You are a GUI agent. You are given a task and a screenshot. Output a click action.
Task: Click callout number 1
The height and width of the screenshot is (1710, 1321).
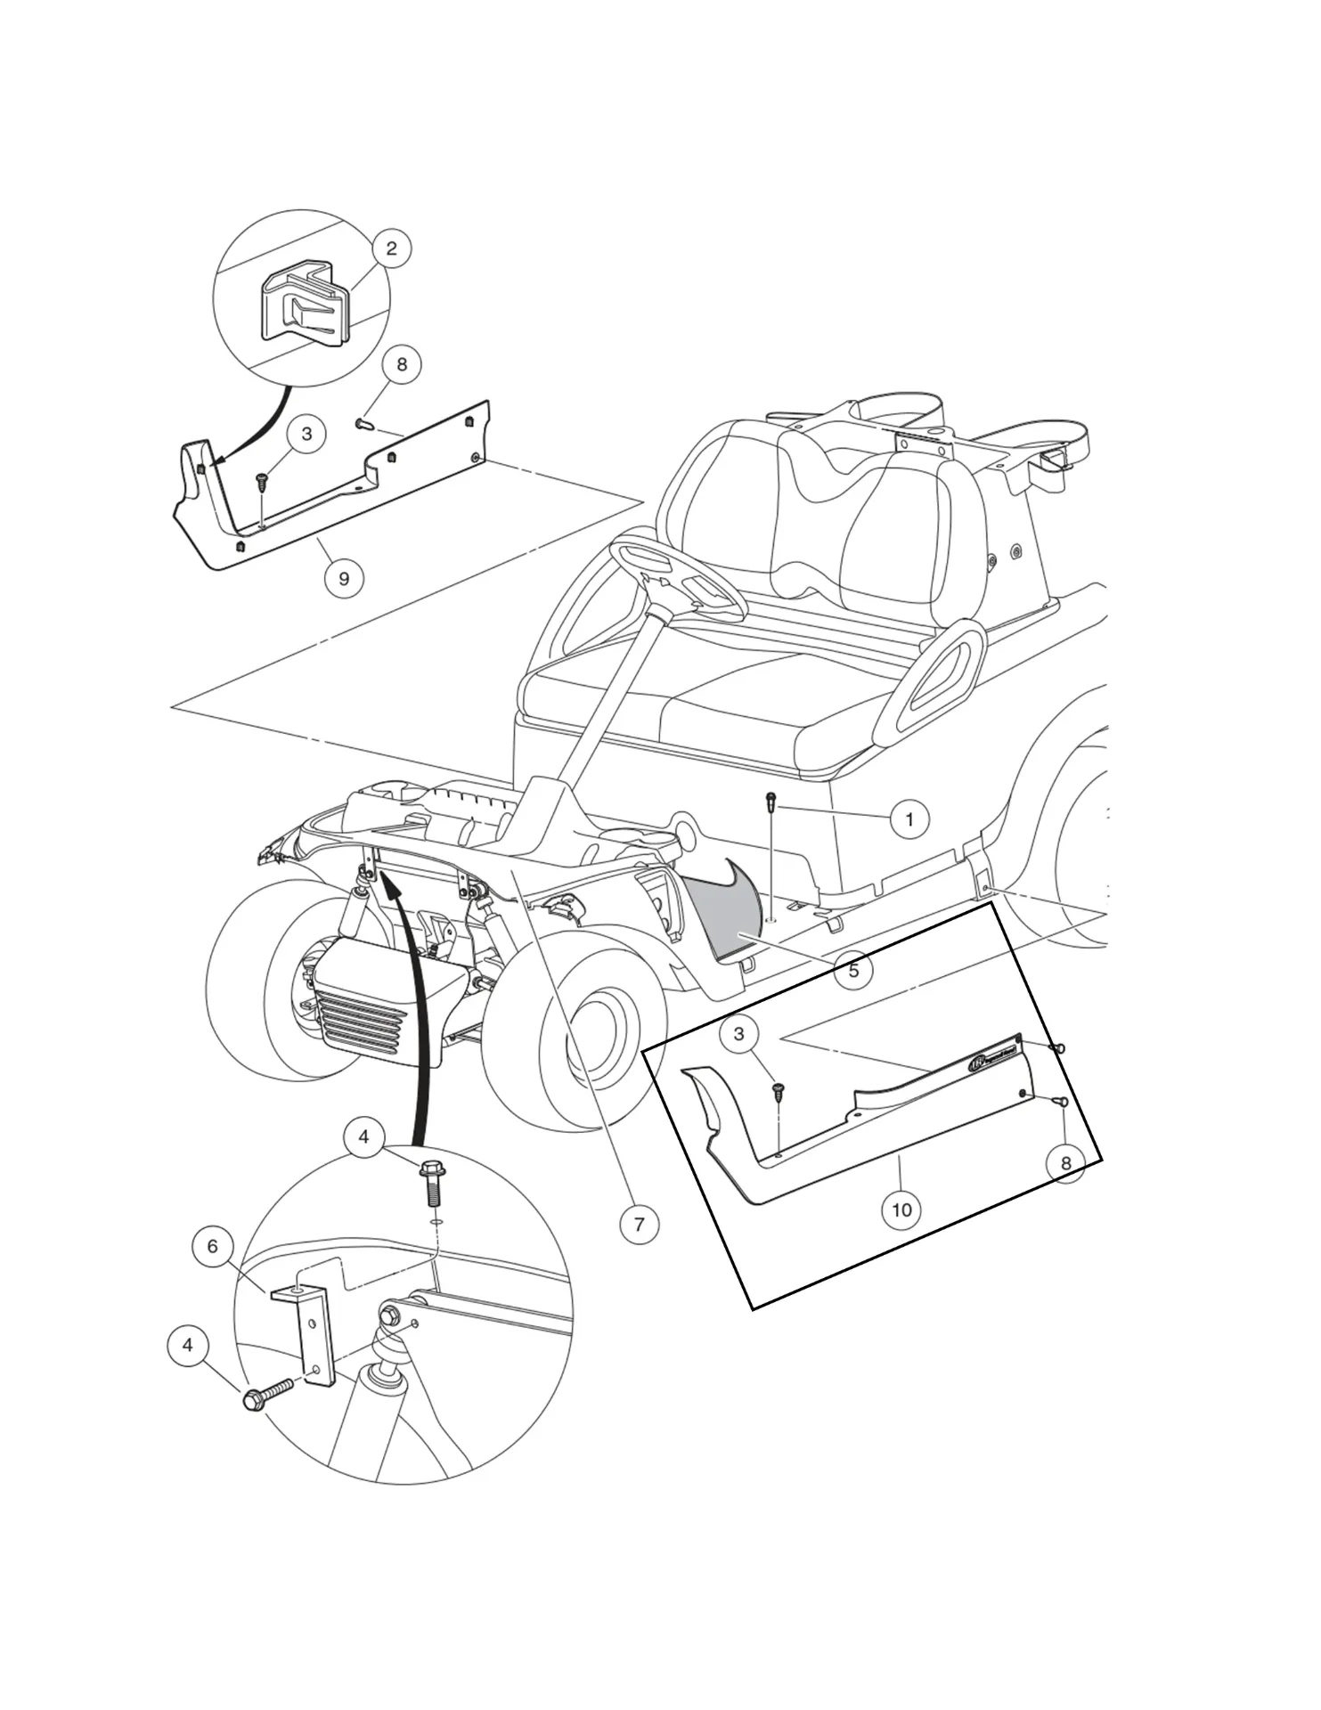click(909, 818)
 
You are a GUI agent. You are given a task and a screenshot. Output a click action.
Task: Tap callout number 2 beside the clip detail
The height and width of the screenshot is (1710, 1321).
click(391, 248)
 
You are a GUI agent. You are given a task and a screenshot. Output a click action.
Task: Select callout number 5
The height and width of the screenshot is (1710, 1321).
click(853, 970)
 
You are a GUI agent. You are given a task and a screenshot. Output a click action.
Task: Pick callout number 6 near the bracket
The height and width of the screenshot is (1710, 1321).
click(212, 1246)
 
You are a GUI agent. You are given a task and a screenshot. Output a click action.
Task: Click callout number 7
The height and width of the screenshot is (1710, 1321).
click(639, 1225)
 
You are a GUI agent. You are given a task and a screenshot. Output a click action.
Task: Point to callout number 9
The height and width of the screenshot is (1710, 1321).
click(344, 578)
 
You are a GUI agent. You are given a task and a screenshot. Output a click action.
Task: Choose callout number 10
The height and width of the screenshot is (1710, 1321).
click(901, 1209)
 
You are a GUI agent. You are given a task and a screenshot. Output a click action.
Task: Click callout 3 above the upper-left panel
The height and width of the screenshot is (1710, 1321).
click(306, 434)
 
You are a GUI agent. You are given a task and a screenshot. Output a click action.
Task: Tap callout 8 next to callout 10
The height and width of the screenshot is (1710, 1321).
click(1065, 1163)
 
